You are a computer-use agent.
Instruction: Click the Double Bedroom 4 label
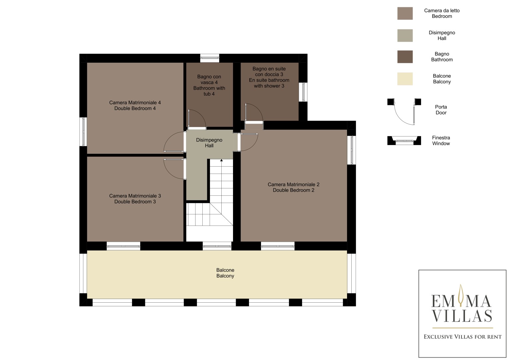[x=135, y=105]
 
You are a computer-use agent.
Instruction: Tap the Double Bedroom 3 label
[x=135, y=199]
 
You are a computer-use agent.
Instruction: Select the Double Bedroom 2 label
[x=293, y=187]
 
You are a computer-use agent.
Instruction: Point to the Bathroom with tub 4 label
[x=209, y=85]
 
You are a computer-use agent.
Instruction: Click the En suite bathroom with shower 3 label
[x=269, y=77]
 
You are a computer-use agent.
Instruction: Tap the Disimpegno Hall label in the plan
[x=209, y=143]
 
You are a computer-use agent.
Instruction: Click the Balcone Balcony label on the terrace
[x=225, y=273]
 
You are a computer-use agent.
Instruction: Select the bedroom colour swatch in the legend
[x=405, y=13]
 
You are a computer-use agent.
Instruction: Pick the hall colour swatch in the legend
[x=405, y=35]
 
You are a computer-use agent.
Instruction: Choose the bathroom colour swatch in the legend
[x=405, y=57]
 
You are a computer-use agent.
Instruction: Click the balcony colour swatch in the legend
[x=405, y=79]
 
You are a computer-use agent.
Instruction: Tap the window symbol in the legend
[x=404, y=141]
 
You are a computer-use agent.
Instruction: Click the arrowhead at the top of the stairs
[x=221, y=160]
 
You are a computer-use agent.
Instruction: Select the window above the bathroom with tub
[x=210, y=58]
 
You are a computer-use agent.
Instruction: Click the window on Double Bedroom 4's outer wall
[x=83, y=132]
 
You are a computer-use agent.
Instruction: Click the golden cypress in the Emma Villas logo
[x=461, y=295]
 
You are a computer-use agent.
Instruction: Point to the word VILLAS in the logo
[x=462, y=315]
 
